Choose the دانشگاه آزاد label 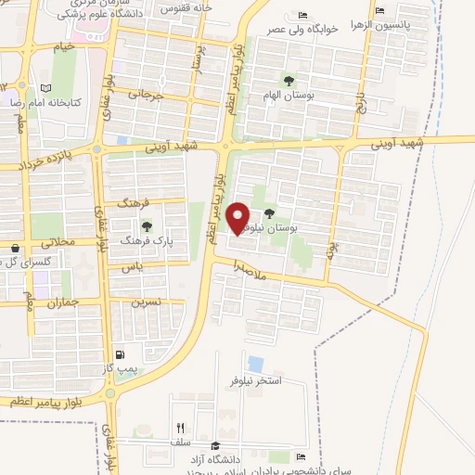pos(237,447)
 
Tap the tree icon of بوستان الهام pos(288,80)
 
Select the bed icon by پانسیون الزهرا pos(379,11)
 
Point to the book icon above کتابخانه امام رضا pos(46,87)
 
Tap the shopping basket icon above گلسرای pos(16,249)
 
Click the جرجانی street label pos(145,95)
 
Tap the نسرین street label pos(146,302)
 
